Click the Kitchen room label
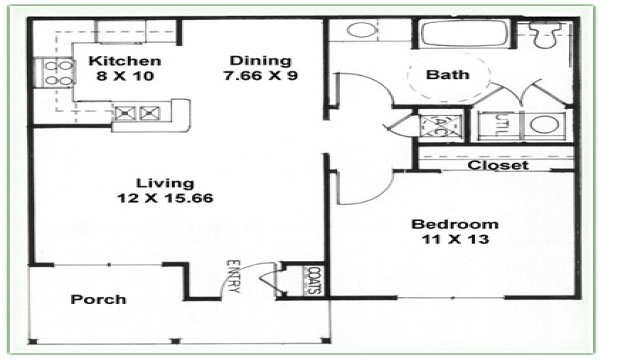[x=125, y=61]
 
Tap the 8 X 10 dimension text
[x=125, y=76]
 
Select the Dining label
[x=260, y=60]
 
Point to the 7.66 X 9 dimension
[x=260, y=76]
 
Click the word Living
[x=165, y=183]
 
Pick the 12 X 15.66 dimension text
[x=165, y=198]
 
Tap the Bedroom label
[x=454, y=224]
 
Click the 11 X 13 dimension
[x=454, y=239]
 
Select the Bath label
[x=447, y=75]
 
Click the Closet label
[x=497, y=164]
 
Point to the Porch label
[x=98, y=299]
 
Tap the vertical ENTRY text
[x=234, y=276]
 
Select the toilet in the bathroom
[x=545, y=34]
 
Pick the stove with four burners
[x=53, y=72]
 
